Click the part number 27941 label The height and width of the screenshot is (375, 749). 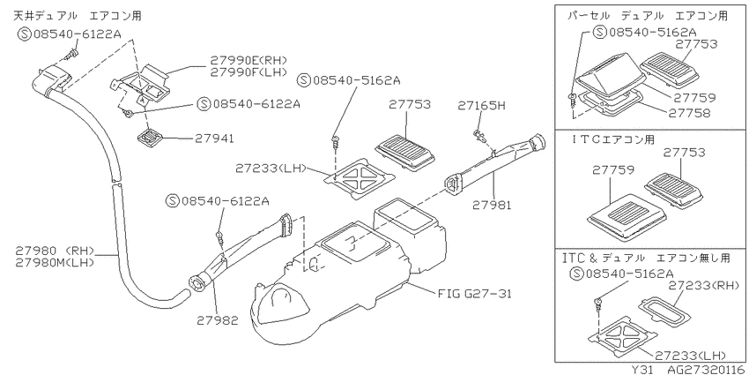tap(214, 139)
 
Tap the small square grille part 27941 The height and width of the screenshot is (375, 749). tap(150, 138)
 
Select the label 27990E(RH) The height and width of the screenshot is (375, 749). tap(248, 60)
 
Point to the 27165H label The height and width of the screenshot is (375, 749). tap(481, 105)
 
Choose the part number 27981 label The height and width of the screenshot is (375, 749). tap(492, 206)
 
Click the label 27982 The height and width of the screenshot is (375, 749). tap(218, 320)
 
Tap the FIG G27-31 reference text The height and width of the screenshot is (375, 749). tap(474, 293)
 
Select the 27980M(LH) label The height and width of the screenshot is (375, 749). tap(55, 262)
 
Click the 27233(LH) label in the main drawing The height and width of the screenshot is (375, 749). tap(270, 169)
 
